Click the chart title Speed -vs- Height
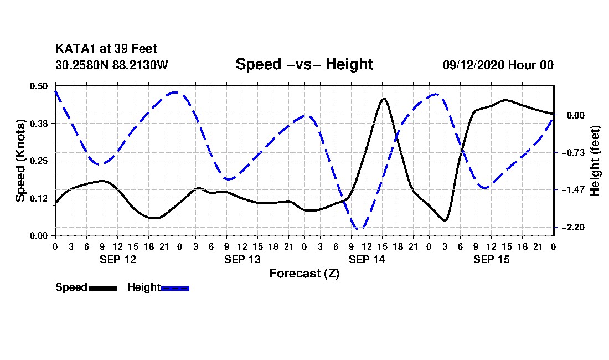tap(304, 64)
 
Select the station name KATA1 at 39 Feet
tap(106, 49)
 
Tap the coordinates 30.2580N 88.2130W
tap(112, 65)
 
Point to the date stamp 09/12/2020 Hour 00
tap(498, 65)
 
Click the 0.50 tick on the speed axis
tap(39, 86)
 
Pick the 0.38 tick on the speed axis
tap(39, 124)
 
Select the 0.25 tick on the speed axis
tap(39, 161)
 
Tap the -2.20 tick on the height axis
tap(573, 227)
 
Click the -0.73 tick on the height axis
tap(573, 153)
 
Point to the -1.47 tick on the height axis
tap(573, 190)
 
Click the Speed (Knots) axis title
tap(20, 161)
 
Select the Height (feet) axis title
tap(595, 161)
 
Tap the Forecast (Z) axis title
tap(304, 274)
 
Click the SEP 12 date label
tap(118, 259)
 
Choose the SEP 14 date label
tap(367, 259)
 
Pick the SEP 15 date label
tap(491, 259)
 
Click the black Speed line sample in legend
tap(104, 289)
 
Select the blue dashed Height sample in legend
tap(175, 289)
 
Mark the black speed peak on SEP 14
tap(384, 99)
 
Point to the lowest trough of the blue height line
tap(359, 228)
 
